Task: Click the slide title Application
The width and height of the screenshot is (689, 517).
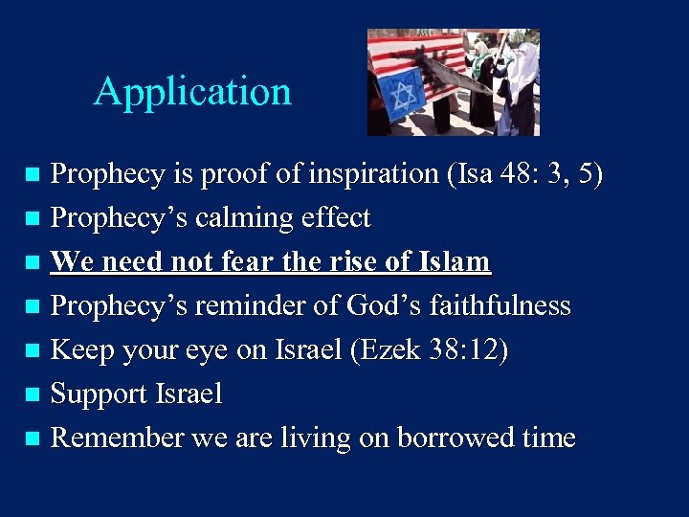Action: (192, 92)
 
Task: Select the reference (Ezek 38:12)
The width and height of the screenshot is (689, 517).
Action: (430, 350)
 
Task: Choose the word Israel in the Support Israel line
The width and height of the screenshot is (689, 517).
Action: (191, 393)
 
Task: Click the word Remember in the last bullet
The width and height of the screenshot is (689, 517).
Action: (117, 438)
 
